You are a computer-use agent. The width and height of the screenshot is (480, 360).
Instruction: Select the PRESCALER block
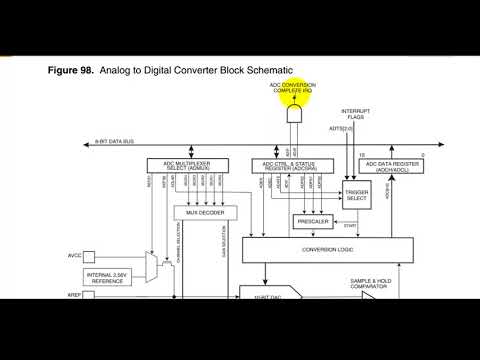pyautogui.click(x=312, y=221)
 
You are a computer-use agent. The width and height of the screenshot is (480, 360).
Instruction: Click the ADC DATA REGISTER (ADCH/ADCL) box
pyautogui.click(x=393, y=164)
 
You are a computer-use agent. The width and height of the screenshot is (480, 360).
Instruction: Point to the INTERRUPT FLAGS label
pyautogui.click(x=358, y=113)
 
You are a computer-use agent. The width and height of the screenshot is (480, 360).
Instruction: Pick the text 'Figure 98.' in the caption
pyautogui.click(x=70, y=71)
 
